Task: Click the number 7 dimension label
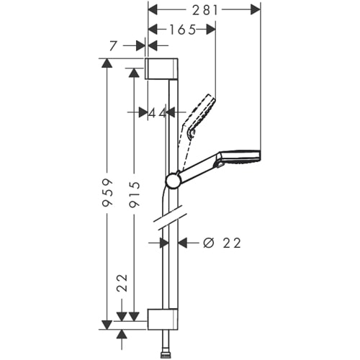(113, 45)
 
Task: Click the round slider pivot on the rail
(174, 179)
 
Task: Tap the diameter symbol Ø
(207, 243)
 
